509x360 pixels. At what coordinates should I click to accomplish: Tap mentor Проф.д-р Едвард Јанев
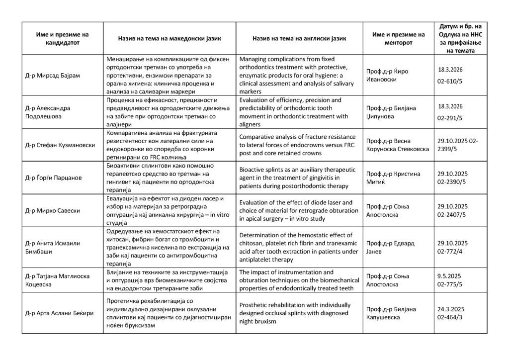[390, 247]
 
